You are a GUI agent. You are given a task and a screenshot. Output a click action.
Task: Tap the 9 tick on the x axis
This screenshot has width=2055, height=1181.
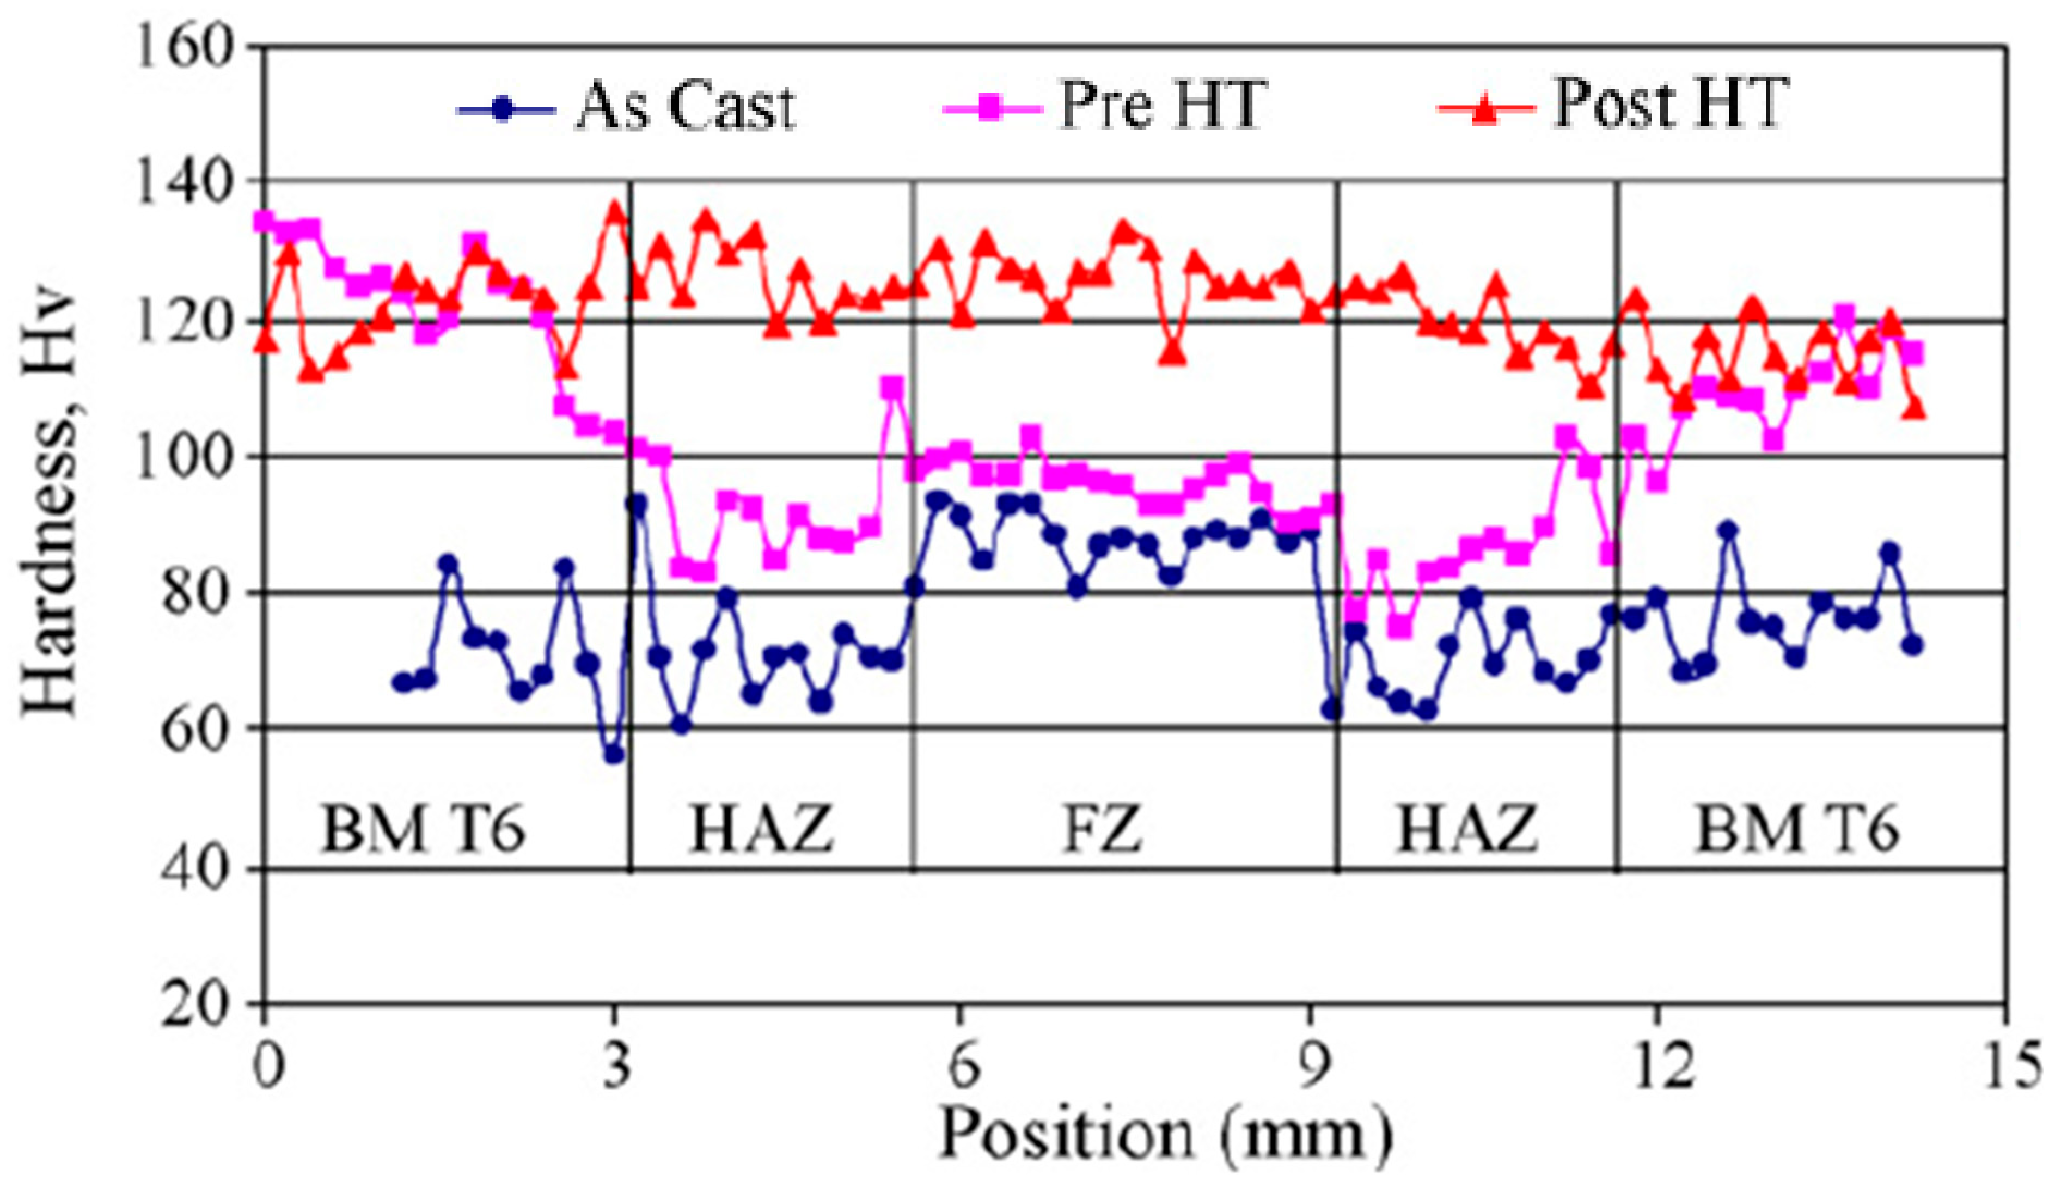1311,1066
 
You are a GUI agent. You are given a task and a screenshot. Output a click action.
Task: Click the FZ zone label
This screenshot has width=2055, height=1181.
1102,829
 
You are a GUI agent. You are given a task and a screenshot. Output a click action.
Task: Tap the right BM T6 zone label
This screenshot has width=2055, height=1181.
1797,829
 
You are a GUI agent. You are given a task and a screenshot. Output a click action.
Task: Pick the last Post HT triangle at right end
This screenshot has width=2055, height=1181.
1915,408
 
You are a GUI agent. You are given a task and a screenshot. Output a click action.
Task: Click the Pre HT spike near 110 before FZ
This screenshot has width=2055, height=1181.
892,387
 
